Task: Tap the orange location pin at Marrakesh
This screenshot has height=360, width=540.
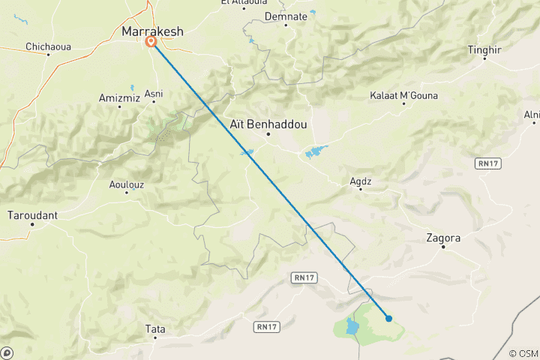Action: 151,42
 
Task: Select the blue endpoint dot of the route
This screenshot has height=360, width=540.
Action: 388,318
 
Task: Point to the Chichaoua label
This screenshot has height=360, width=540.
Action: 48,46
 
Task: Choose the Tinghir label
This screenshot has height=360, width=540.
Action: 484,49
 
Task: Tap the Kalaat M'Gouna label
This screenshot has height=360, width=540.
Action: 404,96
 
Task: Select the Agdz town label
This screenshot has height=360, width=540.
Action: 361,181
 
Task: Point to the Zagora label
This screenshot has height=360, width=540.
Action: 442,238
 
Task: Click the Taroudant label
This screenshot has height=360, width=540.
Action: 32,215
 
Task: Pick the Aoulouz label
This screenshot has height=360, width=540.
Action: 126,184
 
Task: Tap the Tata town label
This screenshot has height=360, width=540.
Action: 155,328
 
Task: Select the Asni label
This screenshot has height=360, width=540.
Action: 154,93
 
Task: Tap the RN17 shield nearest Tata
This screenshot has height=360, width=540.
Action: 267,326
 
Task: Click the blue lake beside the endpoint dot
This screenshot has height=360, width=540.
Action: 352,326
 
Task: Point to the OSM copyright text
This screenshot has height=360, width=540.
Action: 523,353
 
